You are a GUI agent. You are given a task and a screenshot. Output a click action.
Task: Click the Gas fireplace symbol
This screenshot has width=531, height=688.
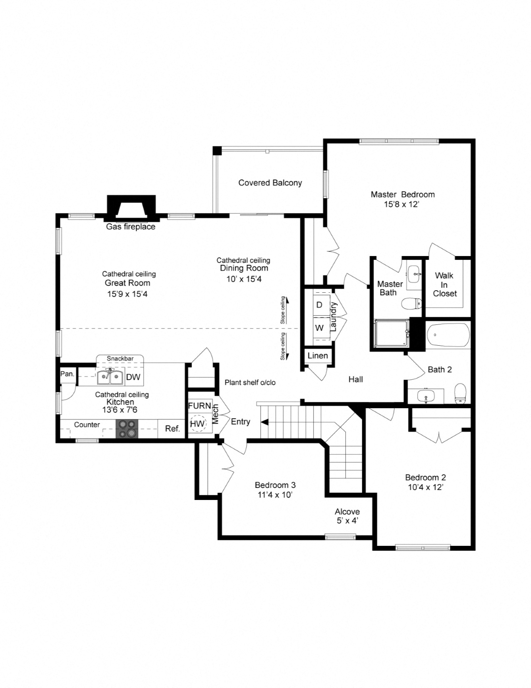[x=132, y=208]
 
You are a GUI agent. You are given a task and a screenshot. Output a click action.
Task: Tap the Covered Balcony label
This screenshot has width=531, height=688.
[x=270, y=183]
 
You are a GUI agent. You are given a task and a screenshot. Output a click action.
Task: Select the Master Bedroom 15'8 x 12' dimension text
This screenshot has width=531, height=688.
[x=401, y=205]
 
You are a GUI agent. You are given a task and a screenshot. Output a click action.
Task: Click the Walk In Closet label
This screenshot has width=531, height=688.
[x=444, y=284]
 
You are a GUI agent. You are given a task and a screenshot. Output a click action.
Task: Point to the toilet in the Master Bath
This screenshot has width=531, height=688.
[x=411, y=303]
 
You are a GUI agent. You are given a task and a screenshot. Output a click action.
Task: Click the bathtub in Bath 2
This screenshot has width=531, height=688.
[x=448, y=335]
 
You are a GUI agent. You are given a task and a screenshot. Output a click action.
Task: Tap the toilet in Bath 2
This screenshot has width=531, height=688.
[x=460, y=393]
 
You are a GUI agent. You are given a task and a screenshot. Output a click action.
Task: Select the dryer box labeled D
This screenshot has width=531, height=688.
[x=319, y=305]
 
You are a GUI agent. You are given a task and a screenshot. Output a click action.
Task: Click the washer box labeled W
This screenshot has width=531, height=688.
[x=319, y=328]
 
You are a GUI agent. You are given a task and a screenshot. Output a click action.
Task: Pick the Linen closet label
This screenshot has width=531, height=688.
[x=318, y=356]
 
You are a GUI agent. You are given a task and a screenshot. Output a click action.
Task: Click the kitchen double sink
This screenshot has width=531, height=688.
[x=110, y=377]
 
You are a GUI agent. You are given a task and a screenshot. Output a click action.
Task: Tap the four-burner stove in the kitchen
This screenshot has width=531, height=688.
[x=127, y=429]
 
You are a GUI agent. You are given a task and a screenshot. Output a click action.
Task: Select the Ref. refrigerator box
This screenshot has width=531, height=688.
[x=172, y=429]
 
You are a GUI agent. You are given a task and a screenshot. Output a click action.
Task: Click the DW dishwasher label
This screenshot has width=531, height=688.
[x=133, y=377]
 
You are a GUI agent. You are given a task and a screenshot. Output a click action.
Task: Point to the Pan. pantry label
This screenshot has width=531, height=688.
[x=67, y=374]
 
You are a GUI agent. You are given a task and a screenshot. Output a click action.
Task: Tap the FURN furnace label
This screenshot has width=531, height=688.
[x=199, y=406]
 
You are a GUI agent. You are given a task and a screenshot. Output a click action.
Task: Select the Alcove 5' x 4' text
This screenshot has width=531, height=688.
[x=347, y=516]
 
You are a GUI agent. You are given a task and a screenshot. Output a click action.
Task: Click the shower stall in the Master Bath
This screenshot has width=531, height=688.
[x=391, y=333]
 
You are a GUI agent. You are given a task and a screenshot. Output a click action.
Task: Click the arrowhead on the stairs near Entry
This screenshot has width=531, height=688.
[x=264, y=422]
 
